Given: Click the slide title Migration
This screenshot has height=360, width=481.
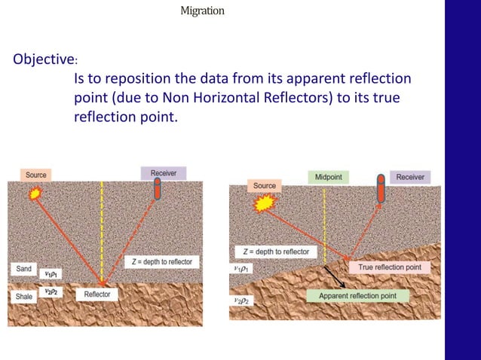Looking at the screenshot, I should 202,11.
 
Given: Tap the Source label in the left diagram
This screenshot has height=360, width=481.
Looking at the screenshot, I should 36,175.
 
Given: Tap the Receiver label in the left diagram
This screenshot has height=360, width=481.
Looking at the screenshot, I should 163,173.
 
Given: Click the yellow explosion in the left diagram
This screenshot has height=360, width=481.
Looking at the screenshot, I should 34,194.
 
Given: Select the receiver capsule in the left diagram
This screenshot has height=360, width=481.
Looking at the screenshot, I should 158,190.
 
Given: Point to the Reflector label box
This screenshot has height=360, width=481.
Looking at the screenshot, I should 97,295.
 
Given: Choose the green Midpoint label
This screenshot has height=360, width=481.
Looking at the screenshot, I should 328,177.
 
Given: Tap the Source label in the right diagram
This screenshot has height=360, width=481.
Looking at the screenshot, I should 264,185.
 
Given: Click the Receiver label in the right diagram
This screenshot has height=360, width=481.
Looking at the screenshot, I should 409,177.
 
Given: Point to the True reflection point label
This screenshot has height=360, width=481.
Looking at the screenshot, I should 389,267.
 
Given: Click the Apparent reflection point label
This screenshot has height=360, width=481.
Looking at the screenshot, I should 363,296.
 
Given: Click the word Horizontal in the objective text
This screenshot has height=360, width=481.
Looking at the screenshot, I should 284,98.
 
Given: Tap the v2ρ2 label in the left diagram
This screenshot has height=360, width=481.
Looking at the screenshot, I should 50,291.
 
